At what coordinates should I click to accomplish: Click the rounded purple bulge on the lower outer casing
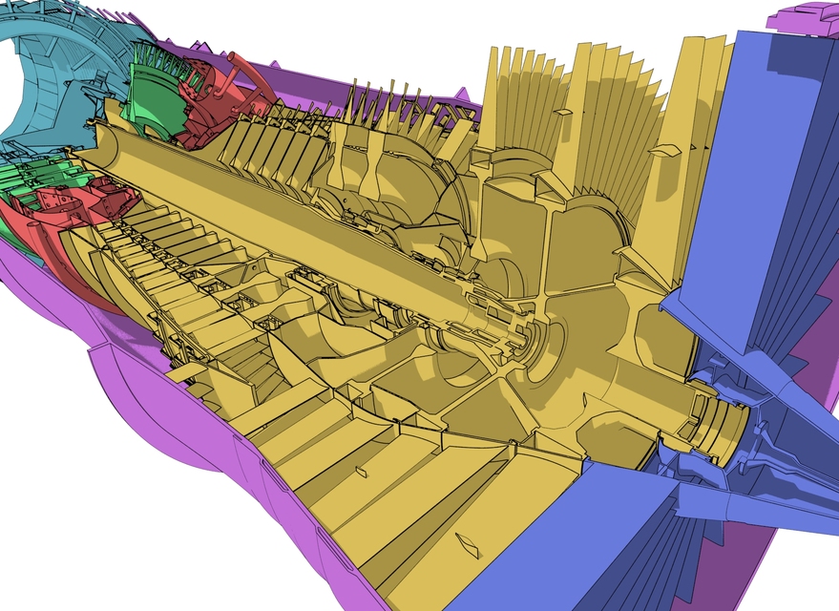coord(134,382)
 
